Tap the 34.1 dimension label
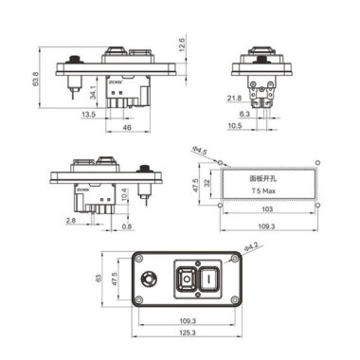click(91, 93)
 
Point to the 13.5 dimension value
click(87, 114)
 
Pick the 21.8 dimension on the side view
click(233, 97)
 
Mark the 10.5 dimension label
click(234, 125)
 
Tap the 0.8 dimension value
click(127, 227)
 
